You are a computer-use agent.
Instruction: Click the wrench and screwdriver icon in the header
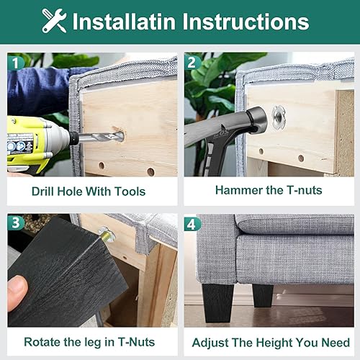click(55, 20)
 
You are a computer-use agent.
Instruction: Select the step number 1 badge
click(16, 63)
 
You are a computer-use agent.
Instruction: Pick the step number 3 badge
click(16, 223)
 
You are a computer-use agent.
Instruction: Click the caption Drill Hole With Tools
click(89, 192)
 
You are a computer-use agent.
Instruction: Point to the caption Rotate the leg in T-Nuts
click(89, 342)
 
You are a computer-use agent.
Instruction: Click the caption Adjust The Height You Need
click(268, 342)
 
